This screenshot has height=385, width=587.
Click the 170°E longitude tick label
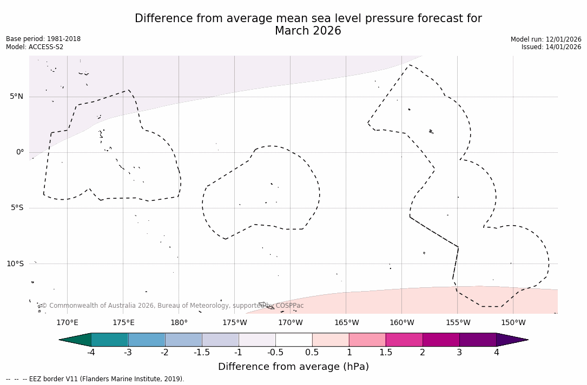[x=67, y=323]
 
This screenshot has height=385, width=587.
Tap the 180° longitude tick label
[x=179, y=323]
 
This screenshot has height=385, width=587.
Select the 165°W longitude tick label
[x=346, y=323]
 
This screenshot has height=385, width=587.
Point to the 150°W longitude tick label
[x=513, y=323]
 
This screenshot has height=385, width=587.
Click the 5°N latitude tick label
[x=16, y=97]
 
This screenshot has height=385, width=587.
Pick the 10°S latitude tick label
[x=15, y=264]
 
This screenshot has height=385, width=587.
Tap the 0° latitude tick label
[x=20, y=152]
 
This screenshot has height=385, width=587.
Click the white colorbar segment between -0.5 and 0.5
[x=294, y=340]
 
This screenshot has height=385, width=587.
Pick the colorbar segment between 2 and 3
[x=441, y=340]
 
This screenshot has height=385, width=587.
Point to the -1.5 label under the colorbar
[x=202, y=353]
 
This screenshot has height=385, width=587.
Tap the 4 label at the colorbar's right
[x=496, y=353]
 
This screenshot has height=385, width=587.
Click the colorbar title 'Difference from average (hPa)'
[x=293, y=367]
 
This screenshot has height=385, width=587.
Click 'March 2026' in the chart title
[x=308, y=31]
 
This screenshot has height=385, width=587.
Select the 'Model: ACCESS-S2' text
[x=35, y=47]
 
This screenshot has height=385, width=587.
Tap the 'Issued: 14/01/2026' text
[x=551, y=47]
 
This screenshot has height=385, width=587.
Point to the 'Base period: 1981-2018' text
[x=43, y=39]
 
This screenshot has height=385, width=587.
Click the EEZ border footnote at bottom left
[x=95, y=379]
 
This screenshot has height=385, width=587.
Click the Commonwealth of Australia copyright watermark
[x=173, y=306]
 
